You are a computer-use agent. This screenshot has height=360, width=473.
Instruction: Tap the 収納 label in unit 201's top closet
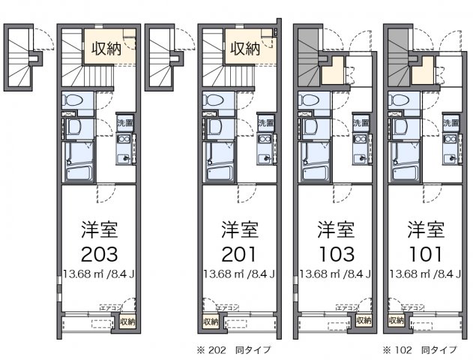[244, 49]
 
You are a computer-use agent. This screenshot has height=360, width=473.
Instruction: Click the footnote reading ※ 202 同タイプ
[234, 349]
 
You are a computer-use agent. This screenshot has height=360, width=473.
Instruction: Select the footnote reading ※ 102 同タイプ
[420, 349]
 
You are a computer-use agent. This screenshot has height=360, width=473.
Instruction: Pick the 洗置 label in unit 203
[125, 122]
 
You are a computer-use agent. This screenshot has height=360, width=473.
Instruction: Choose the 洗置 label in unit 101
[451, 122]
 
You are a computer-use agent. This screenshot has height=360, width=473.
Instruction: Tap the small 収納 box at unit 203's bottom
[127, 322]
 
